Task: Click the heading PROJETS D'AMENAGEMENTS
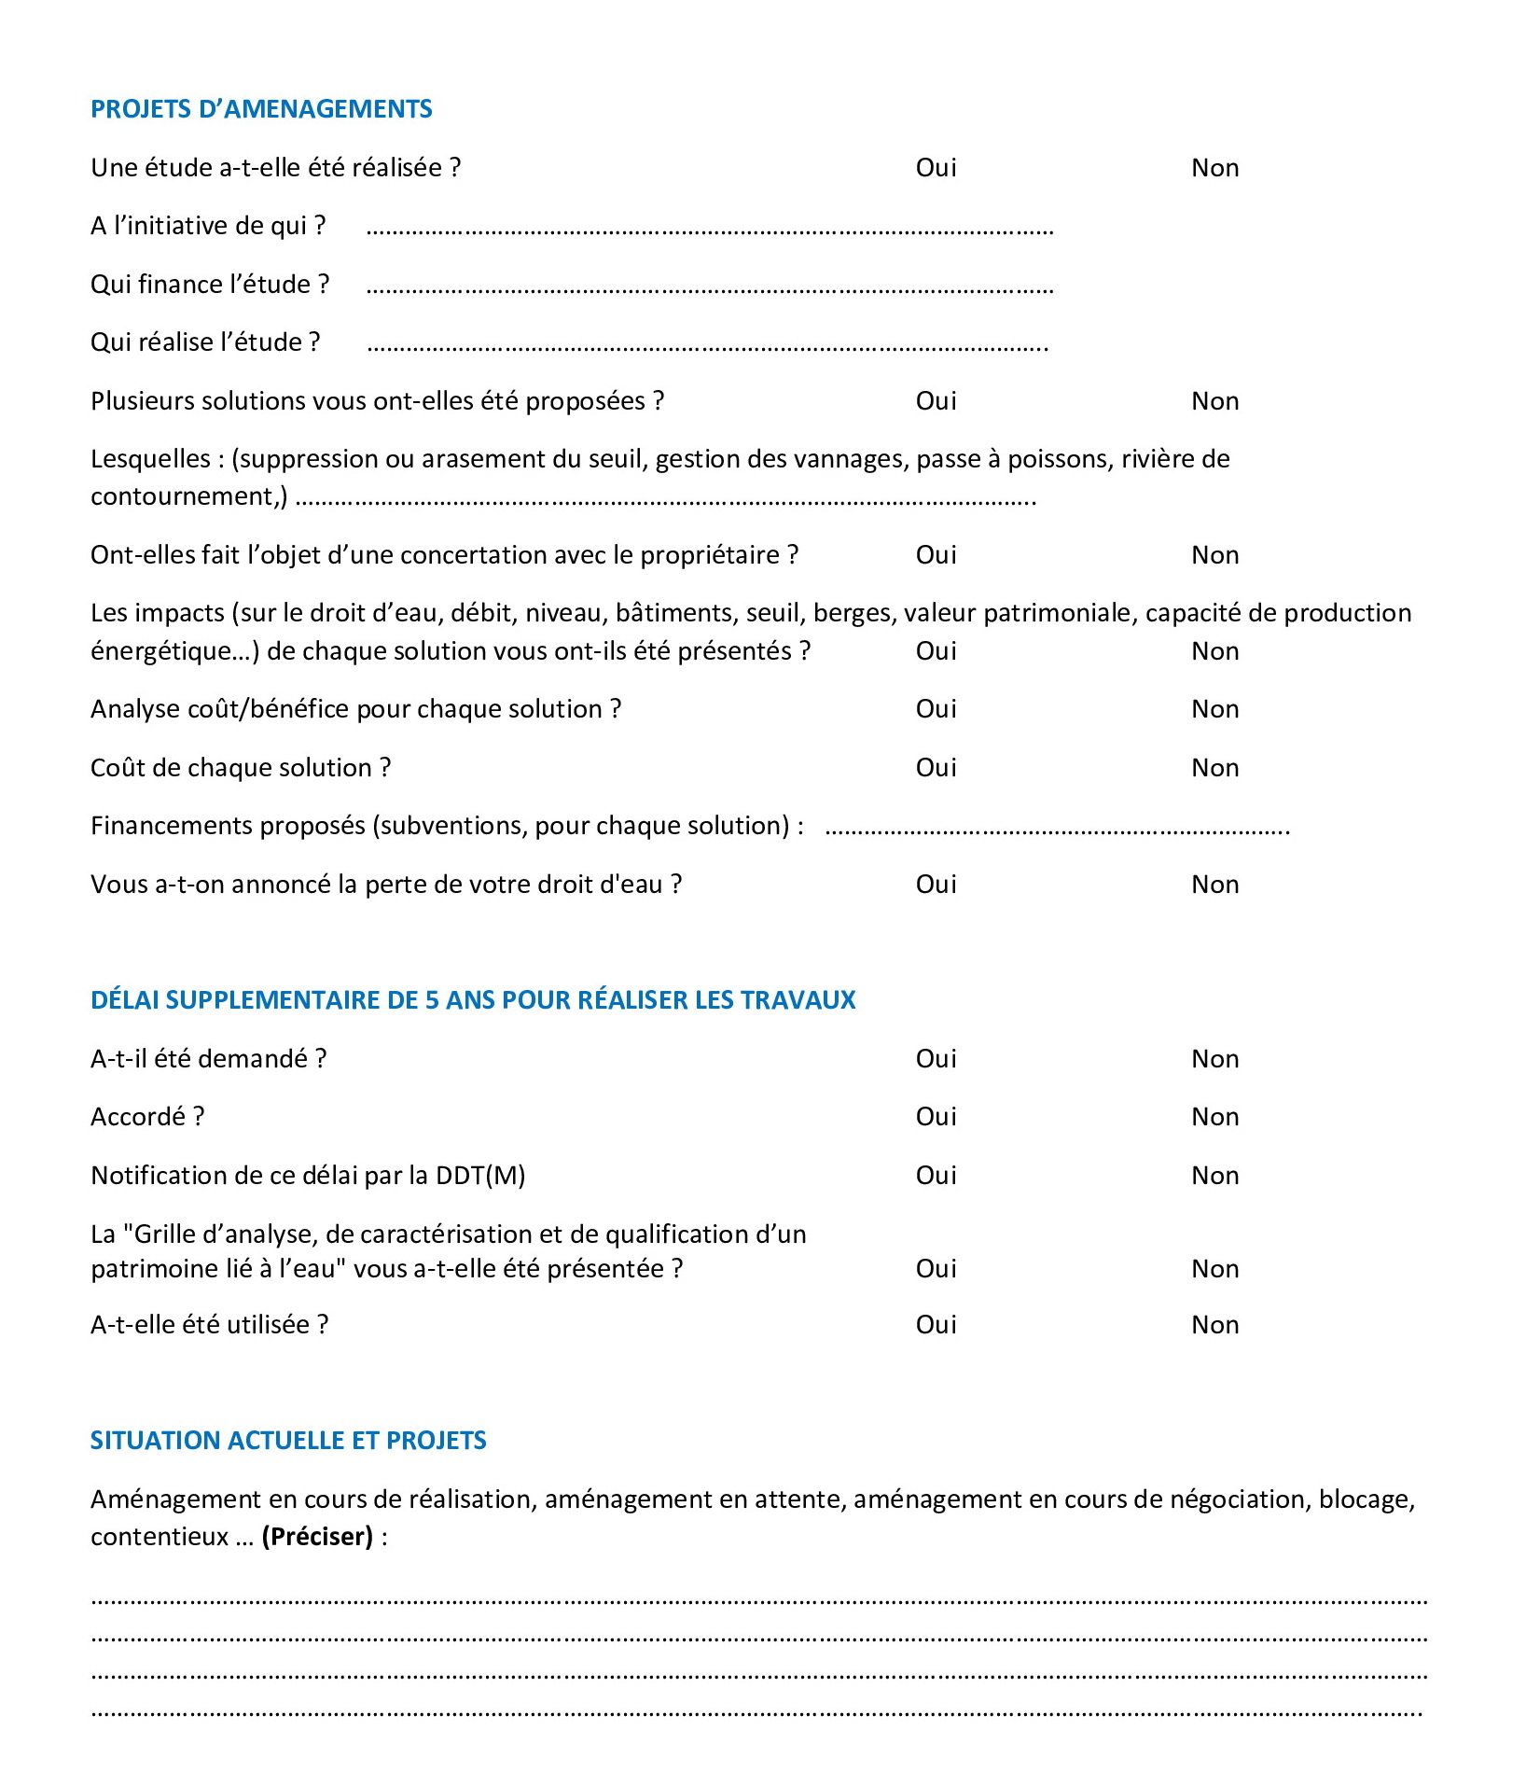coord(261,109)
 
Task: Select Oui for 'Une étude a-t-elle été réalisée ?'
coord(936,168)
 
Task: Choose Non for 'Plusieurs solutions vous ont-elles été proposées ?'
coord(1214,401)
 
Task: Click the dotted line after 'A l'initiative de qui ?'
coord(709,230)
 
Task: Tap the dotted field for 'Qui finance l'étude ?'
coord(709,288)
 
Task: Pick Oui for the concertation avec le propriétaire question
coord(936,555)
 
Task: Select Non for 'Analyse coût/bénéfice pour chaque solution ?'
coord(1214,709)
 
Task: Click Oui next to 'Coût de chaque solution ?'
coord(936,768)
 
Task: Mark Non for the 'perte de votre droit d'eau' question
coord(1214,885)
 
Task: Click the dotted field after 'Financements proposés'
coord(1057,830)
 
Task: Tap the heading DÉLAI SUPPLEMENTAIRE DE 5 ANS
coord(473,1000)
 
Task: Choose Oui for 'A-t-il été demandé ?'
coord(936,1059)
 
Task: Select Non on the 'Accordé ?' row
coord(1214,1117)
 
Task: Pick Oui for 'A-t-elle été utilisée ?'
coord(936,1325)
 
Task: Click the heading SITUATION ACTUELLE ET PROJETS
coord(288,1441)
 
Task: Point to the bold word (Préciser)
coord(317,1537)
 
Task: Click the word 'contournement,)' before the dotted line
coord(189,497)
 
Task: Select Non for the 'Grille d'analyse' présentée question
coord(1214,1269)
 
